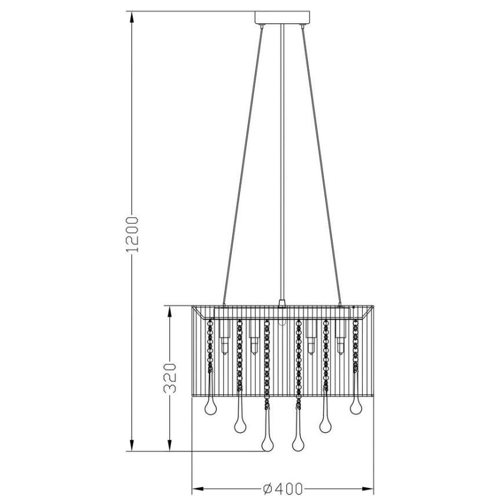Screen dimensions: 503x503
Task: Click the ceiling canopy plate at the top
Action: [282, 18]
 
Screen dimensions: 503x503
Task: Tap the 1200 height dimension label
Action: [133, 234]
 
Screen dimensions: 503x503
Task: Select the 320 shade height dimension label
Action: [169, 378]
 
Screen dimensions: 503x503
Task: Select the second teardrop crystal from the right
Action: [325, 426]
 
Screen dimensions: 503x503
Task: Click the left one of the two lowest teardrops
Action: [267, 443]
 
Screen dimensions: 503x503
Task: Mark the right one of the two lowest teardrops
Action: [298, 443]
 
